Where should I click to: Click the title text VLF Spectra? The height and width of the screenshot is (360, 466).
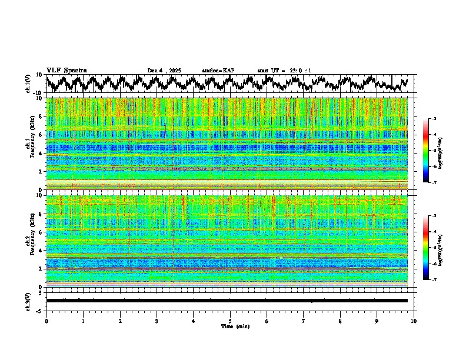click(x=66, y=71)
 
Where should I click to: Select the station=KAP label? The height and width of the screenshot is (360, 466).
click(x=218, y=71)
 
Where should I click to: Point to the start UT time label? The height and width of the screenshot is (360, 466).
click(x=284, y=71)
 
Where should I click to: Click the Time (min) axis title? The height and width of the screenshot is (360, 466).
click(x=235, y=326)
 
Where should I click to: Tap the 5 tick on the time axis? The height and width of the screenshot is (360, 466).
click(x=230, y=321)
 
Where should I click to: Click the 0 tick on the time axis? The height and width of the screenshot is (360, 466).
click(x=46, y=321)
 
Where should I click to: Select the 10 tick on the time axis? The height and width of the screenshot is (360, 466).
click(x=414, y=321)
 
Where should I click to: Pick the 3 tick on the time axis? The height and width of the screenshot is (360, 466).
click(x=157, y=321)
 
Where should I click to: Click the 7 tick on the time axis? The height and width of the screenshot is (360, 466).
click(x=304, y=321)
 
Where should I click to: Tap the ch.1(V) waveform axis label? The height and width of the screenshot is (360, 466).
click(x=28, y=84)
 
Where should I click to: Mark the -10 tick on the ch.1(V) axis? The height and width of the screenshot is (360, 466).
click(x=39, y=93)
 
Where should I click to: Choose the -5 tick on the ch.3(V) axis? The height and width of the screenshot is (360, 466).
click(x=40, y=310)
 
